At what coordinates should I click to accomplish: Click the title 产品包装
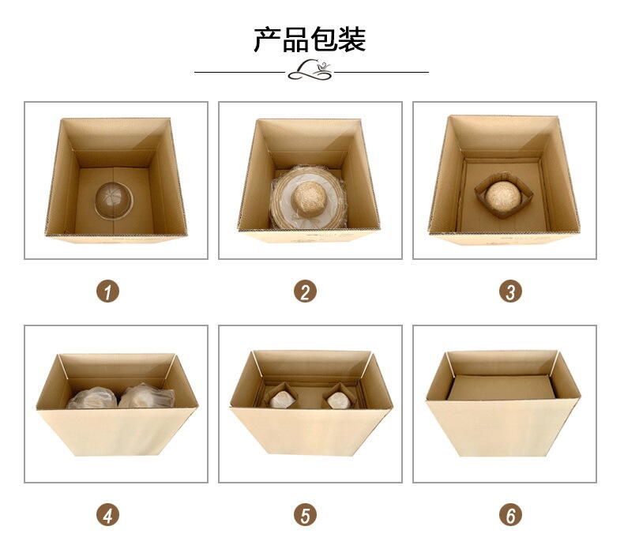pyautogui.click(x=310, y=39)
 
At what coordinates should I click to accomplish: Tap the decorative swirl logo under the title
pyautogui.click(x=310, y=70)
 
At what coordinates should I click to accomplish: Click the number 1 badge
pyautogui.click(x=108, y=291)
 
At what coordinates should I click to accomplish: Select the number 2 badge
pyautogui.click(x=306, y=291)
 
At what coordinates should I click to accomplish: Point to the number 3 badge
pyautogui.click(x=510, y=291)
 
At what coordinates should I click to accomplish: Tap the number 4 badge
pyautogui.click(x=108, y=516)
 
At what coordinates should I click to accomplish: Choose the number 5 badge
pyautogui.click(x=306, y=516)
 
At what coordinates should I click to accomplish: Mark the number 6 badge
pyautogui.click(x=510, y=516)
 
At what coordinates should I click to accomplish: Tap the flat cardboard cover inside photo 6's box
pyautogui.click(x=502, y=387)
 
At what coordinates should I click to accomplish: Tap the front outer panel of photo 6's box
pyautogui.click(x=502, y=431)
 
